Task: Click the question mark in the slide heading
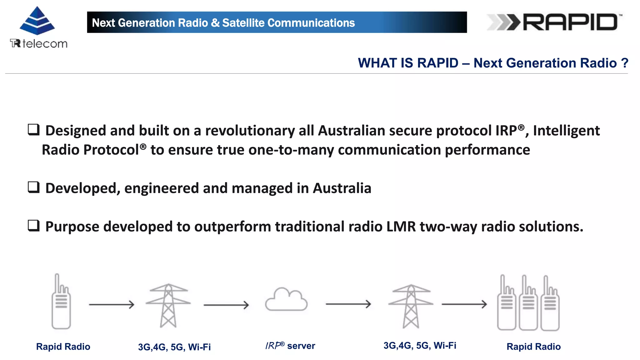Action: point(624,63)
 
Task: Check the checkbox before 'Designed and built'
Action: point(34,129)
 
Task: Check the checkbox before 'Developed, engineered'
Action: point(34,187)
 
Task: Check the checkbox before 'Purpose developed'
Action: point(34,225)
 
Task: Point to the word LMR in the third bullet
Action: point(401,227)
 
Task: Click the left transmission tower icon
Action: point(168,305)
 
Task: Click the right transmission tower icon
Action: point(411,306)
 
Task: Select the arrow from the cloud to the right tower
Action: point(348,304)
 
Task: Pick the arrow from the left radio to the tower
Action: point(112,304)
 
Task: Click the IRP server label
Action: point(290,346)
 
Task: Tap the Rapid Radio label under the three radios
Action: point(533,347)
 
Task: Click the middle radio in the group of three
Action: point(528,303)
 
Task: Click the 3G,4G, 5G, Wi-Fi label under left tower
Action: point(174,347)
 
